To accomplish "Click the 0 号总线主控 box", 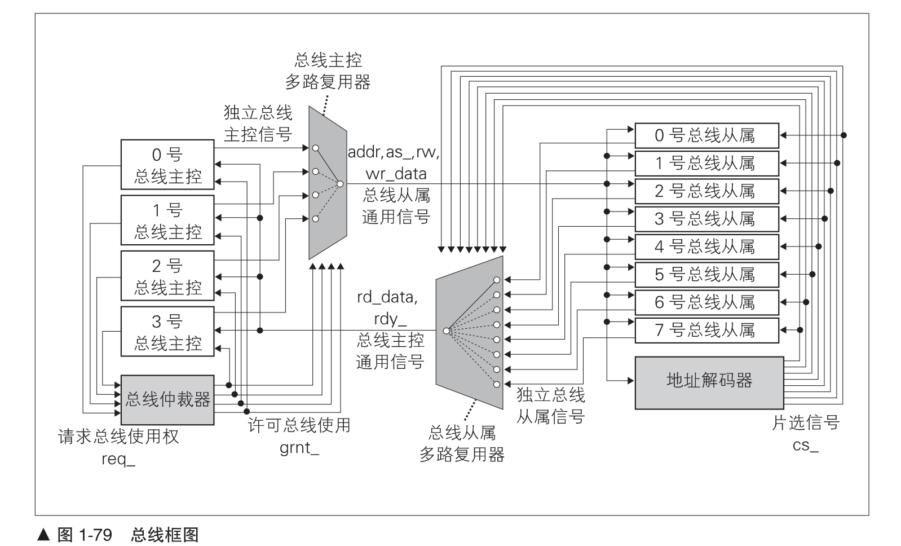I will pyautogui.click(x=167, y=165).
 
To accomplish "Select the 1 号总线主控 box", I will pyautogui.click(x=167, y=220).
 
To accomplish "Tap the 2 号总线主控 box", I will pyautogui.click(x=167, y=276).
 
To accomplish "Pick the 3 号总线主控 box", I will pyautogui.click(x=167, y=331).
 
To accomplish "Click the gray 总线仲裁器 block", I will pyautogui.click(x=167, y=400).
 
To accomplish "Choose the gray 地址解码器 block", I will pyautogui.click(x=709, y=382).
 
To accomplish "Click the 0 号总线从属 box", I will pyautogui.click(x=706, y=135).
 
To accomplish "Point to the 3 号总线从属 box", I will pyautogui.click(x=706, y=219).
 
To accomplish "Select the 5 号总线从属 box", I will pyautogui.click(x=706, y=275).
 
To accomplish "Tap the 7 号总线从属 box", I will pyautogui.click(x=706, y=330).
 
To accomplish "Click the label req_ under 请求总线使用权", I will pyautogui.click(x=118, y=459).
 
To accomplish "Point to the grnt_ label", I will pyautogui.click(x=299, y=450).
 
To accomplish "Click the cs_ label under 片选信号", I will pyautogui.click(x=806, y=445).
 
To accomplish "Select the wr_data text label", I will pyautogui.click(x=396, y=173).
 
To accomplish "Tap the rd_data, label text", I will pyautogui.click(x=387, y=297).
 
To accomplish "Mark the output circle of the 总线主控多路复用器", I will pyautogui.click(x=339, y=183).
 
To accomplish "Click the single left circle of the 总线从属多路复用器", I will pyautogui.click(x=446, y=331).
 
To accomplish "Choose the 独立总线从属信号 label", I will pyautogui.click(x=550, y=406).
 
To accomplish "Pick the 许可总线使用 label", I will pyautogui.click(x=299, y=425).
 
